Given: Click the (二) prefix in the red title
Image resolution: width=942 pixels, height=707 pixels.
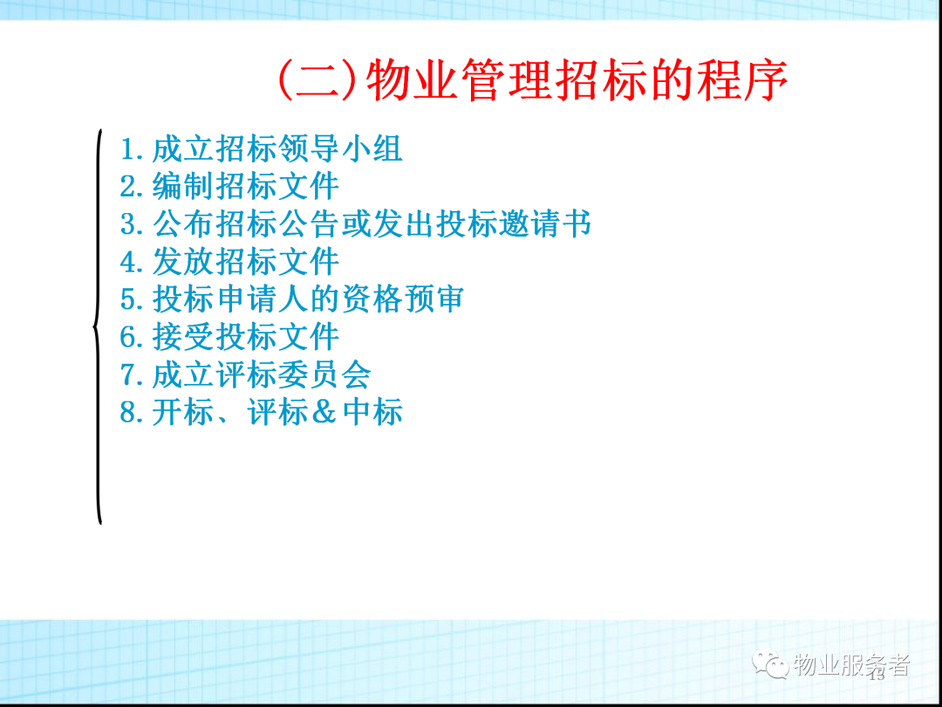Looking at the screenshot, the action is coord(320,80).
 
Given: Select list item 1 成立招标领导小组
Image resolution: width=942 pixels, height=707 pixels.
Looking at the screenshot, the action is coord(262,148).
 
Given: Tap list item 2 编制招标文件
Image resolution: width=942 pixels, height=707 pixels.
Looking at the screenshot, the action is coord(229,186).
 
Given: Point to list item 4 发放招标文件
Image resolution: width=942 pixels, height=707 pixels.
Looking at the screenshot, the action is coord(229,261).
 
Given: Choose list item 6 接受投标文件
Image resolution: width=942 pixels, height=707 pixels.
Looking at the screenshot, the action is coord(229,336).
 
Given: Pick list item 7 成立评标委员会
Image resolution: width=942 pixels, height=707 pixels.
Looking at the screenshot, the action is coord(245,374).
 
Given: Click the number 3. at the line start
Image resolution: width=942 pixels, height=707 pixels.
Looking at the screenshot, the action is coord(133,224).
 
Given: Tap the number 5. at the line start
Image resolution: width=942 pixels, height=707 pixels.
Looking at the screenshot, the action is coord(133,299).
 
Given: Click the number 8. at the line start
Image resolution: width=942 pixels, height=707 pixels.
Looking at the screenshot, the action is coord(133,412).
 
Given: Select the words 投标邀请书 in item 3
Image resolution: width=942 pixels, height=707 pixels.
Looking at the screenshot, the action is coord(513,223).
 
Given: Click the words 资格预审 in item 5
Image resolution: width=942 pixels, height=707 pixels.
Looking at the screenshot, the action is coord(402,299).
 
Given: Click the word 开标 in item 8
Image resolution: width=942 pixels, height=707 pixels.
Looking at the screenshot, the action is coord(182,412).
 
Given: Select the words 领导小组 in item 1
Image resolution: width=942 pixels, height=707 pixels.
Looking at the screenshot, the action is coord(341,148).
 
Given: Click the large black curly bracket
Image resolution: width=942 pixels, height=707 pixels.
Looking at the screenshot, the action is coord(98,326).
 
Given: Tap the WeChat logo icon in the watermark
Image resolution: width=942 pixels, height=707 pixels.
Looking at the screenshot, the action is coord(771,664).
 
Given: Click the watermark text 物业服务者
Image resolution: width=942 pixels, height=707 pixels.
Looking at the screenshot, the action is coord(851,665).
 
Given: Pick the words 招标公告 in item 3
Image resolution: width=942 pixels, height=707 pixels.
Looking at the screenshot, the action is coord(277,223).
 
